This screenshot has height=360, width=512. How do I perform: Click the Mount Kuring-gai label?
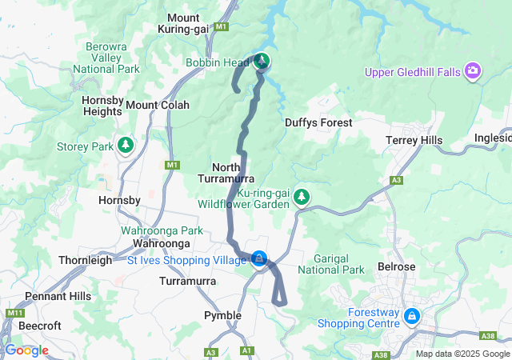[x=195, y=23]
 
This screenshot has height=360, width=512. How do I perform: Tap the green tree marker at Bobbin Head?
[x=262, y=61]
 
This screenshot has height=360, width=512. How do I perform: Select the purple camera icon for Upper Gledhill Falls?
[x=474, y=72]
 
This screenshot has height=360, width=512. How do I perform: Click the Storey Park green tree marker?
[x=125, y=145]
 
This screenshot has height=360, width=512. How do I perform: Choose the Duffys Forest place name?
[x=318, y=122]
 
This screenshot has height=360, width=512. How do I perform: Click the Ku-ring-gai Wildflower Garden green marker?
[x=302, y=196]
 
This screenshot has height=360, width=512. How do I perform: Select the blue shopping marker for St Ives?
[x=259, y=258]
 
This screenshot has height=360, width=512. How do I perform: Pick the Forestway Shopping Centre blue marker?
[x=411, y=316]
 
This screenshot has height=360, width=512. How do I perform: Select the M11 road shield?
[x=14, y=313]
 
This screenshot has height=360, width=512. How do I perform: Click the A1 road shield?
[x=246, y=350]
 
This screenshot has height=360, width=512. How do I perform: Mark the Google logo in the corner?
[x=26, y=350]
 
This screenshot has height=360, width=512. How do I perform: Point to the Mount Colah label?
[x=158, y=105]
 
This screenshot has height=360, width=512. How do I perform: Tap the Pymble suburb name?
[x=222, y=315]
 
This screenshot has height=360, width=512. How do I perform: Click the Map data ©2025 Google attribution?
[x=462, y=354]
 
